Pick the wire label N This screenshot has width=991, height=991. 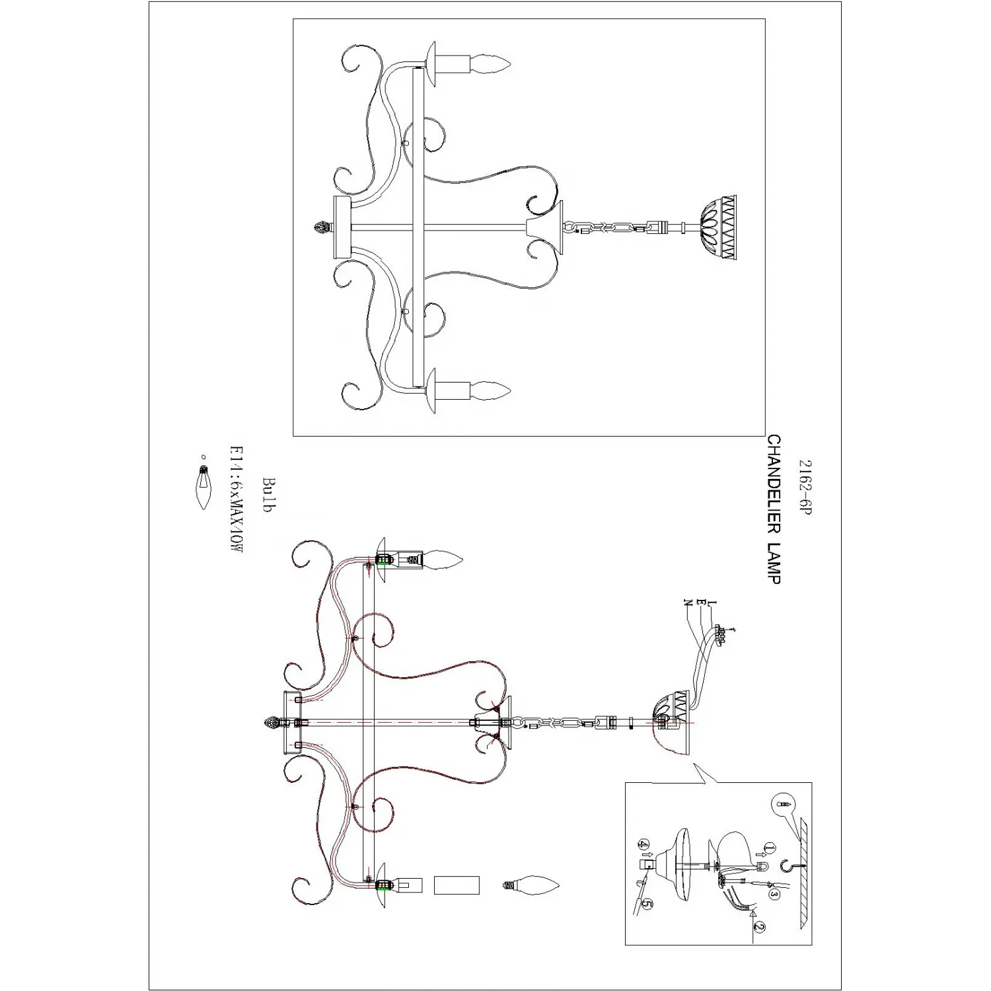coord(688,603)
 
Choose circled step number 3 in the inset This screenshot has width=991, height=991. coord(774,895)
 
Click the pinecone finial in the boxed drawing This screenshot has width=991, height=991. coord(320,228)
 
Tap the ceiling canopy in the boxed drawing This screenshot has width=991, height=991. coord(718,227)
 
